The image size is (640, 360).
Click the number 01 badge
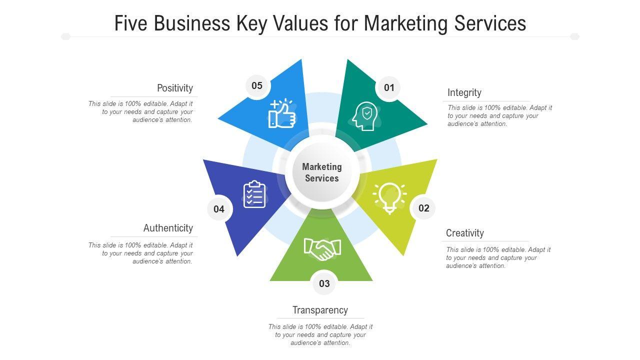click(x=389, y=88)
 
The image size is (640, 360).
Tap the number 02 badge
click(x=423, y=208)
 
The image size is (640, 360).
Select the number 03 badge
click(x=324, y=283)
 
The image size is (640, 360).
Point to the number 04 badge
click(x=219, y=209)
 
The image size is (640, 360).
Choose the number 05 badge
click(x=257, y=86)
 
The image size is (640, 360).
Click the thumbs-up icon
click(x=282, y=113)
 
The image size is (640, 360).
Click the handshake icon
click(x=322, y=249)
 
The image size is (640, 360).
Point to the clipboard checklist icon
click(x=254, y=194)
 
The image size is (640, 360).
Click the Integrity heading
click(x=464, y=92)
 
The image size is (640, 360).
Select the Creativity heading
click(x=465, y=233)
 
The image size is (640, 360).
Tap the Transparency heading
click(x=320, y=310)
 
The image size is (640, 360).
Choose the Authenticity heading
click(x=168, y=228)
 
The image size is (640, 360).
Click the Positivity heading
click(x=175, y=88)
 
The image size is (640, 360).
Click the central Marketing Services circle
click(x=322, y=172)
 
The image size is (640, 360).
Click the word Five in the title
click(x=131, y=23)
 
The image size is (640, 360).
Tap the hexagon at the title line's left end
click(x=65, y=36)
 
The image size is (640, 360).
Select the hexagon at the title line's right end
click(x=574, y=36)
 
